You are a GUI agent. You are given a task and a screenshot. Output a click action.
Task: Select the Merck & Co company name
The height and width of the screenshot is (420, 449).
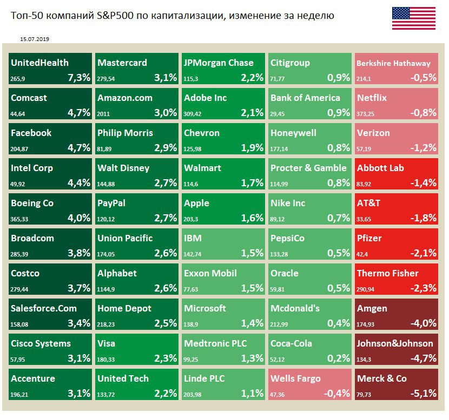tap(382, 378)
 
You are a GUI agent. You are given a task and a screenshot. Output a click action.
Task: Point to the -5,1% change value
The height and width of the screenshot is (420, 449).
tap(424, 394)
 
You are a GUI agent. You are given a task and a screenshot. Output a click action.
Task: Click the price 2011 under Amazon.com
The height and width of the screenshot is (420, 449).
tap(104, 114)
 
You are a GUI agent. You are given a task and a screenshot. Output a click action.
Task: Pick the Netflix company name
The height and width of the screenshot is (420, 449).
tap(372, 98)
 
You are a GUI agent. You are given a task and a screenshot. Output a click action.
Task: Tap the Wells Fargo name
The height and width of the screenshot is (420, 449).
tap(295, 378)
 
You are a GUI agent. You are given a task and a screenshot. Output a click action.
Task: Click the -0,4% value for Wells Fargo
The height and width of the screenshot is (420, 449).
tap(337, 394)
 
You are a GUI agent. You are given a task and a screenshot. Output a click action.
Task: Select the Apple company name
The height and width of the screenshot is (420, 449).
tap(196, 203)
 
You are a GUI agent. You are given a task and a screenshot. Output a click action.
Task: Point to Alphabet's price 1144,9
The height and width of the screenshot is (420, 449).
tap(107, 289)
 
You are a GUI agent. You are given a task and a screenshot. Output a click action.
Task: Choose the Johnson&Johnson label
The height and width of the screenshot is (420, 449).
tap(395, 343)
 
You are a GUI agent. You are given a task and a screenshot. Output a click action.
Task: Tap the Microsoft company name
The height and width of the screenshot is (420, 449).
tap(205, 308)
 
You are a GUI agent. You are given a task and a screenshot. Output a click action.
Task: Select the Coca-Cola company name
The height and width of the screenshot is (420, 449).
tap(291, 343)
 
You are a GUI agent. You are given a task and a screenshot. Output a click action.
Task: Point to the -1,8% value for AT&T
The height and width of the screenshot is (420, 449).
tap(424, 218)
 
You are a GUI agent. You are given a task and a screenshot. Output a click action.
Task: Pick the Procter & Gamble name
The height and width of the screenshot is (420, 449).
tap(308, 168)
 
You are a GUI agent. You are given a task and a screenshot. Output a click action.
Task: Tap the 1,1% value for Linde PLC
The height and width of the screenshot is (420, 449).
tap(252, 394)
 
